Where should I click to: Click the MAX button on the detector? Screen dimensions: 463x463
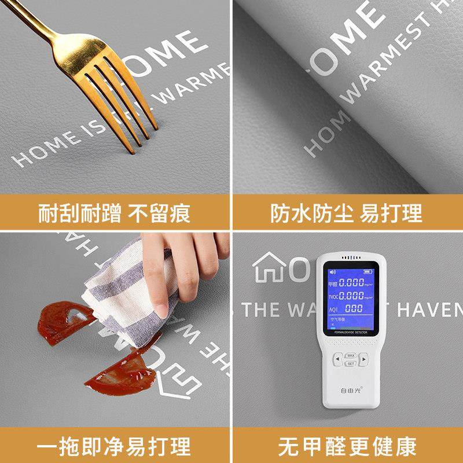pos(351,355)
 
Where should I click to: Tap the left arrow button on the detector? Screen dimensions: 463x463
pos(337,359)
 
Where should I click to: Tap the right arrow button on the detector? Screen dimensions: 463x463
pos(364,359)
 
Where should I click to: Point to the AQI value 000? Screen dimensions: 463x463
pos(354,309)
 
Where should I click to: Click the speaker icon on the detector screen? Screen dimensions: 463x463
pos(333,271)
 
